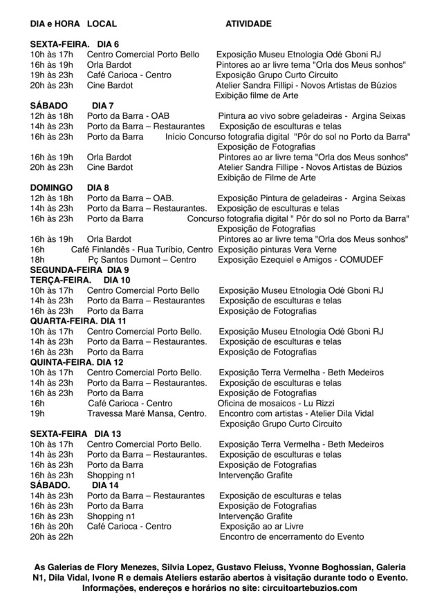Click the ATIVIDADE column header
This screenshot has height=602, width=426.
(x=248, y=24)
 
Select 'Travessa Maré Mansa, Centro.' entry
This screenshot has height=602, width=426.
(x=146, y=413)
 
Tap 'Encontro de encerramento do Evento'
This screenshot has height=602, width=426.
(x=291, y=537)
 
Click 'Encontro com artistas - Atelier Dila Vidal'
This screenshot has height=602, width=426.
(x=296, y=413)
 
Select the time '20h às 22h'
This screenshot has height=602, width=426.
(x=52, y=537)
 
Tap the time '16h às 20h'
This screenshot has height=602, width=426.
(x=52, y=526)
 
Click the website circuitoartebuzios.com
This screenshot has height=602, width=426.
(x=304, y=588)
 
